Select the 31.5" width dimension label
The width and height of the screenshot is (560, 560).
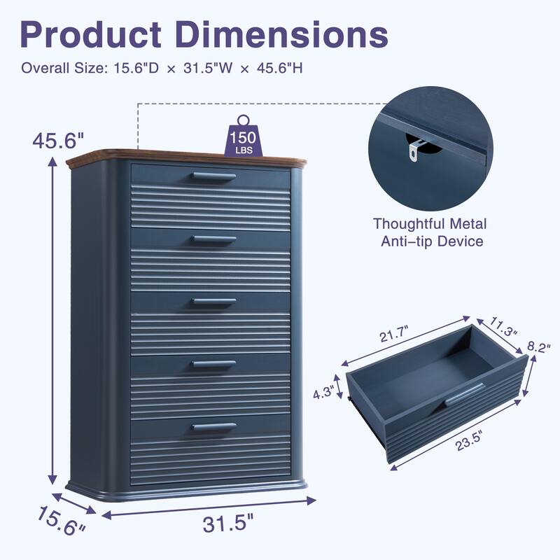tap(225, 521)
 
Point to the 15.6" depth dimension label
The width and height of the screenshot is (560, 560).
tap(62, 522)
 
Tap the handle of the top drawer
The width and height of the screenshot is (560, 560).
tap(213, 176)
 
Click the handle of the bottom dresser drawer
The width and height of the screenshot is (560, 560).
tap(213, 426)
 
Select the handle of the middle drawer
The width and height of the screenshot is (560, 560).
tap(213, 302)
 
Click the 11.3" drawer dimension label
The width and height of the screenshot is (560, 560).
tap(503, 326)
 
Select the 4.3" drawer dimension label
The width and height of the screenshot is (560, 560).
tap(324, 393)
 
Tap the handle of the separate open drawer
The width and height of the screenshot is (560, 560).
tap(463, 394)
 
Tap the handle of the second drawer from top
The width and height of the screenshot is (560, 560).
tap(213, 240)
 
